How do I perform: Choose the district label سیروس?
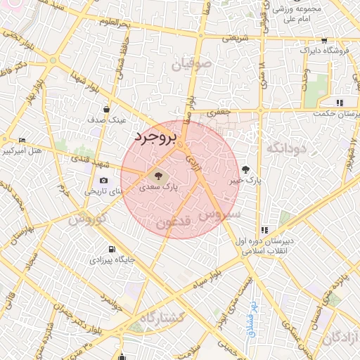(x=221, y=214)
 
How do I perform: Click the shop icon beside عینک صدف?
(x=106, y=109)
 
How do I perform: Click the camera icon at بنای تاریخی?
(x=104, y=181)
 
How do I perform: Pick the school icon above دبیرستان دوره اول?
(x=264, y=230)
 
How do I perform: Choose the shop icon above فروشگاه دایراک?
(x=323, y=41)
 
